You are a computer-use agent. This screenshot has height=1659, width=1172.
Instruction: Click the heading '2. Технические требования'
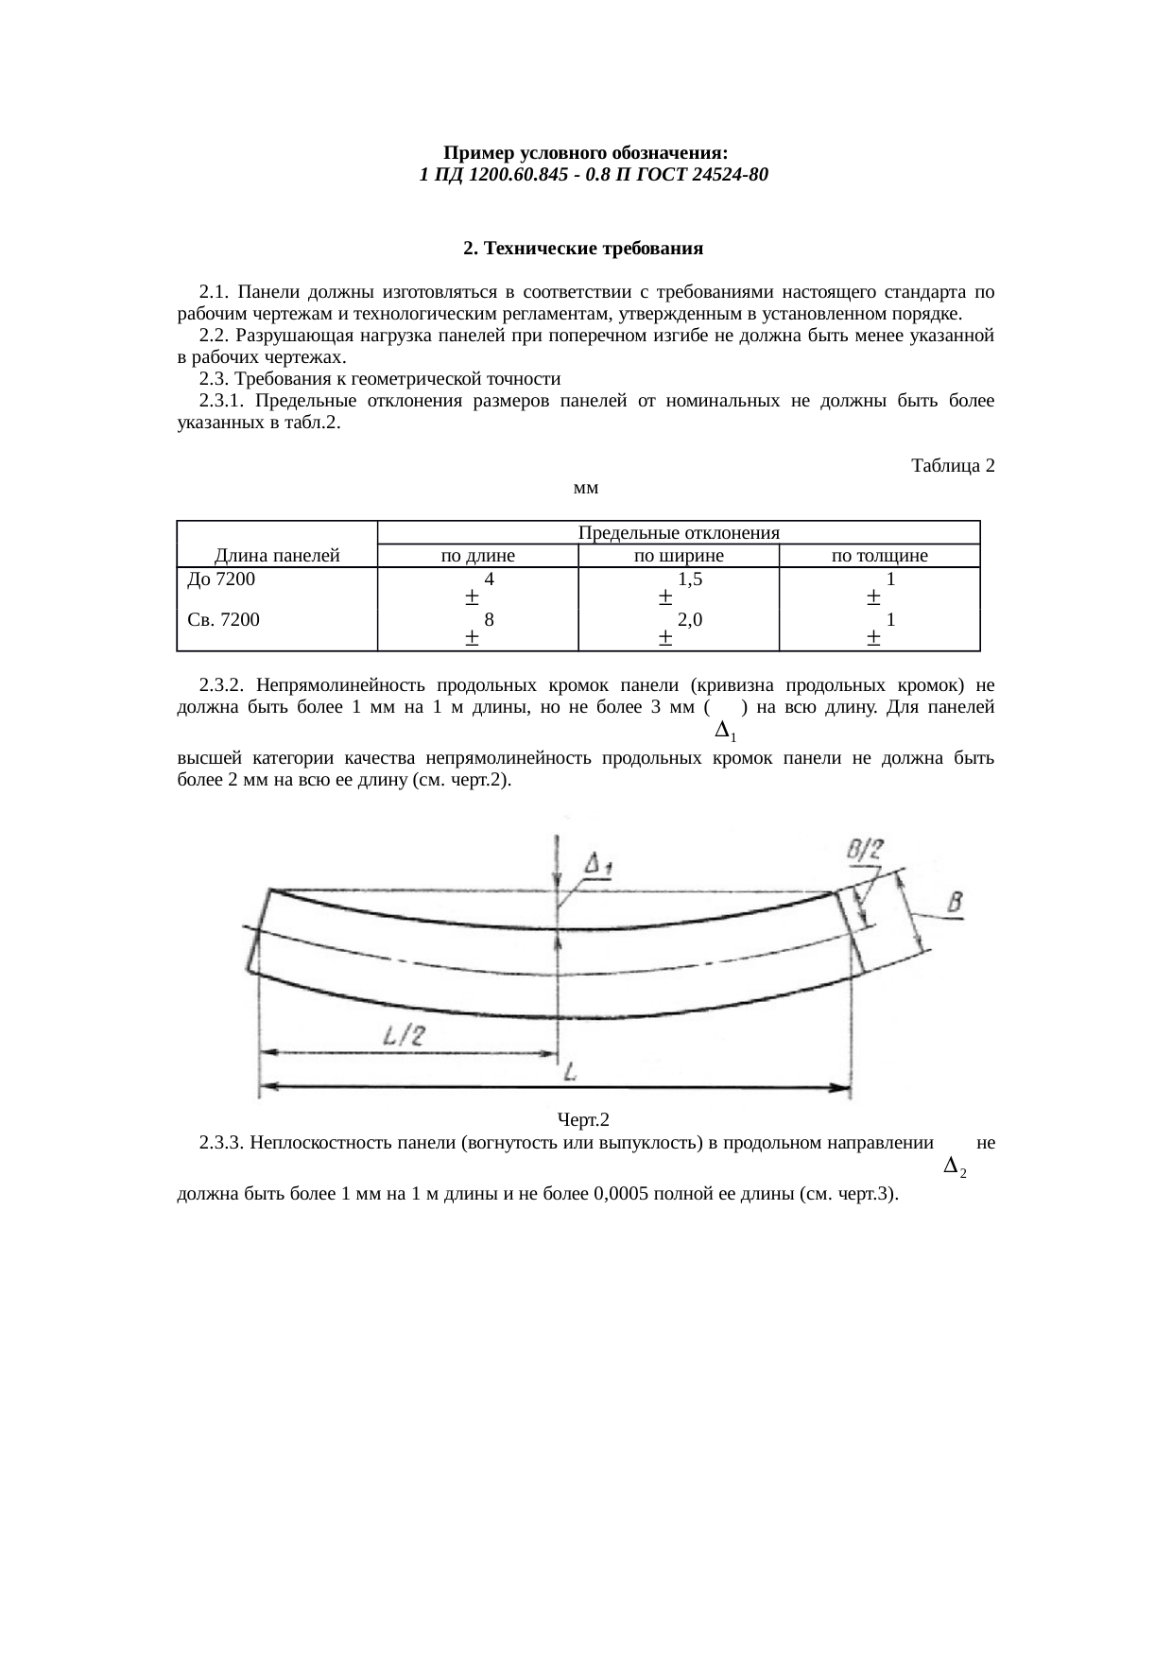point(583,249)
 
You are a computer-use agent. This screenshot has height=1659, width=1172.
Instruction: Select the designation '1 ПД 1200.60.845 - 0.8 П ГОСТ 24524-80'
point(586,175)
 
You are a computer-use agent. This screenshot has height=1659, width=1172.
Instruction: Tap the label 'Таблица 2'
point(952,466)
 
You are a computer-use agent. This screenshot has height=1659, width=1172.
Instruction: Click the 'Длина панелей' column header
point(277,556)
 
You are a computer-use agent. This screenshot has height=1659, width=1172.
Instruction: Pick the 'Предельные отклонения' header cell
point(678,532)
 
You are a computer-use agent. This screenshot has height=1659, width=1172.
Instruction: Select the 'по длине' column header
point(478,556)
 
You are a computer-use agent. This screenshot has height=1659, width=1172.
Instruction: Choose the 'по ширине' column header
point(678,556)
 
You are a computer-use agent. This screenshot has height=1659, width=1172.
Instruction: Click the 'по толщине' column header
point(879,556)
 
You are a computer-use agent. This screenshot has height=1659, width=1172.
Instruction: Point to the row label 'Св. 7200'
point(224,620)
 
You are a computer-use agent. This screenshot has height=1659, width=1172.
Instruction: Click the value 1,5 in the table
point(690,579)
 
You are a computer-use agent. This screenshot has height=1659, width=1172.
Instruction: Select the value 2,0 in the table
point(690,620)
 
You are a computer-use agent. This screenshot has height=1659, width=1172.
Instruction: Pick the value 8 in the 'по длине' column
point(489,620)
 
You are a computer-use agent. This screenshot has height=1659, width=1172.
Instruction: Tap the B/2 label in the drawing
point(864,850)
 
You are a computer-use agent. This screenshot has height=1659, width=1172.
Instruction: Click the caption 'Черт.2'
point(583,1120)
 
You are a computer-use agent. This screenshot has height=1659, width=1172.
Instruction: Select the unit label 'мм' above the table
point(586,489)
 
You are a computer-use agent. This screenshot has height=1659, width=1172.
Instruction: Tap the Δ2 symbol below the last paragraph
point(955,1167)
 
